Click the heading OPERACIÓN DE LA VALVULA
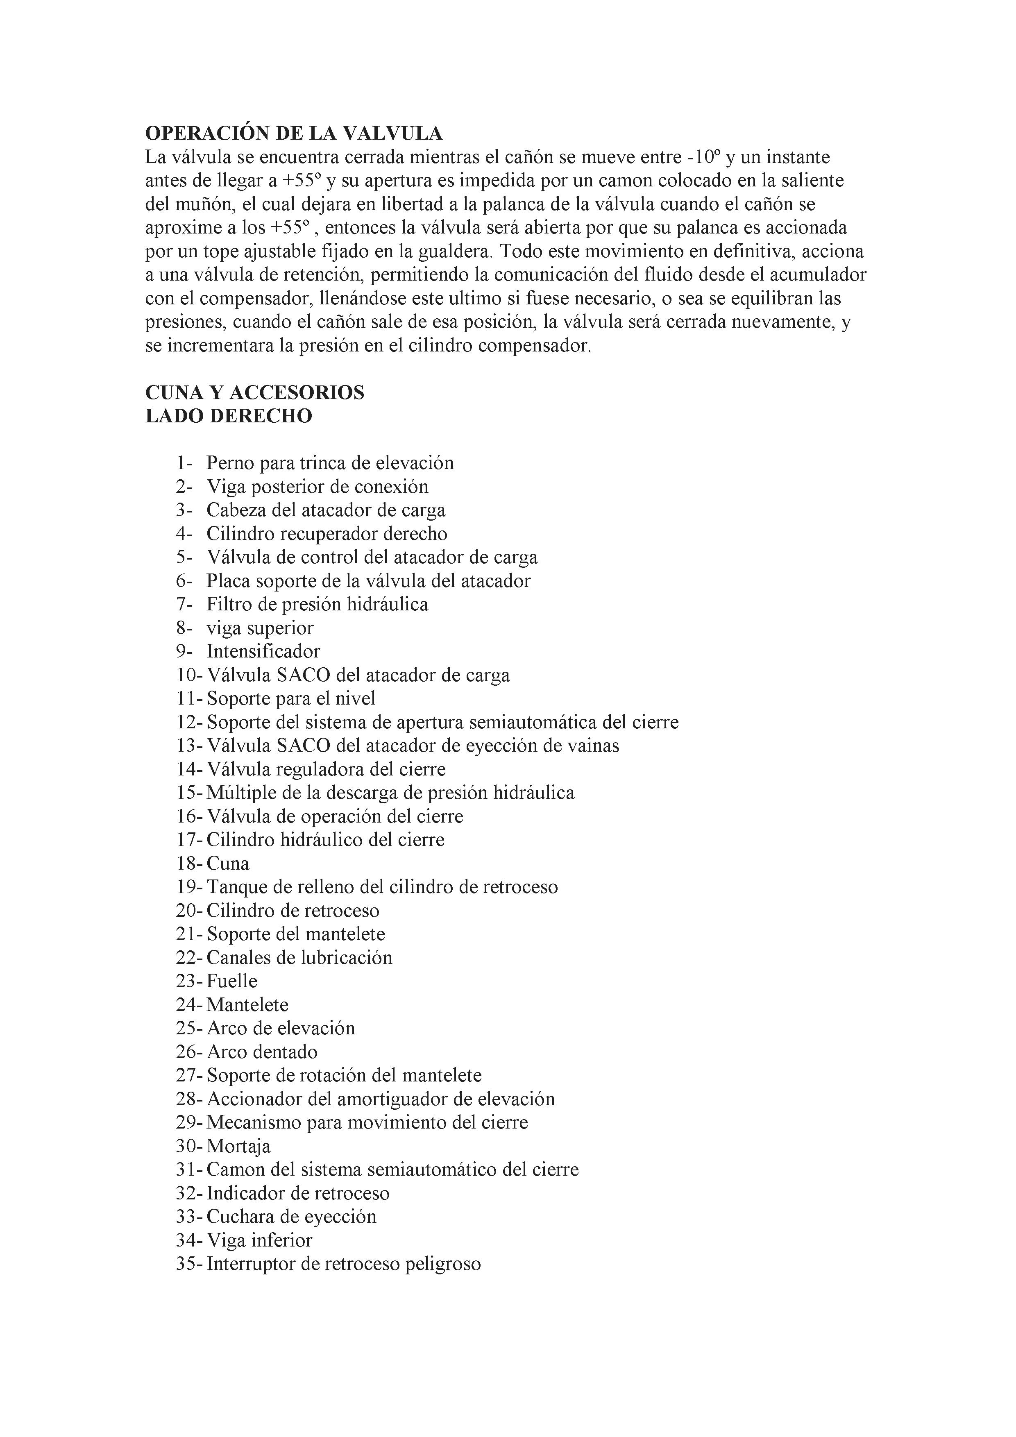click(x=294, y=133)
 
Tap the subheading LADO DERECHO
click(x=229, y=416)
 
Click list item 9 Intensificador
click(x=263, y=652)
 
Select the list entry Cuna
click(x=228, y=864)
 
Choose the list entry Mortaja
click(x=238, y=1146)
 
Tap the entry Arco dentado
click(x=262, y=1052)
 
